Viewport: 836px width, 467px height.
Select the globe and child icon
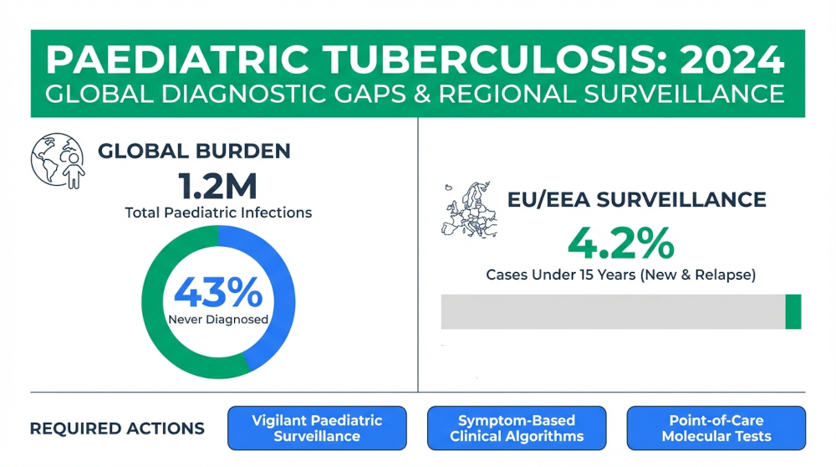(x=58, y=160)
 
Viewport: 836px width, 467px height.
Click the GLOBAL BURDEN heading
(x=194, y=151)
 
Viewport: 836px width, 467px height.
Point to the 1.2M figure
(x=217, y=183)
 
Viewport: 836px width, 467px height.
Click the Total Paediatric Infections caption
(x=218, y=213)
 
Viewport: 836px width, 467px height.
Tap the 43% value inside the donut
(x=217, y=293)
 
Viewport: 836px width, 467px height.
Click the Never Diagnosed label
(x=217, y=319)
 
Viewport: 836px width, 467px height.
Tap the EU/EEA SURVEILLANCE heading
(x=636, y=200)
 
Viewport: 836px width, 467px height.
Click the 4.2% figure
(x=620, y=244)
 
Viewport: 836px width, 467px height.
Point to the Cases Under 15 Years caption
(x=620, y=275)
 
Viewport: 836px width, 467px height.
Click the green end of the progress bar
(x=793, y=311)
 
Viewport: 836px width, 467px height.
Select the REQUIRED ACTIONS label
(x=117, y=429)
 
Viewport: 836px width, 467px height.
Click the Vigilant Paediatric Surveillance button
(x=317, y=429)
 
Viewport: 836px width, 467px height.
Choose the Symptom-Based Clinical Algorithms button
(x=517, y=429)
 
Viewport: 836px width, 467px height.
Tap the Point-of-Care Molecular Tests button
(x=716, y=429)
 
